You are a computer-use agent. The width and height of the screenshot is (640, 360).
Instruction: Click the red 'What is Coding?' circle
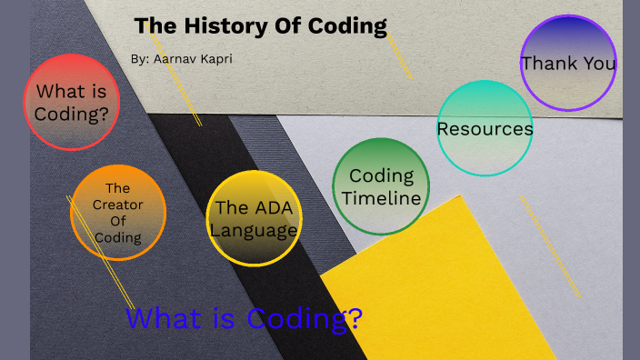[71, 102]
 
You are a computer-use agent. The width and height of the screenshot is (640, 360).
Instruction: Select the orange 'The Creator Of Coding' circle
[118, 213]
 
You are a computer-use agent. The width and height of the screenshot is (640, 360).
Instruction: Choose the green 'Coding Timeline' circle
[381, 186]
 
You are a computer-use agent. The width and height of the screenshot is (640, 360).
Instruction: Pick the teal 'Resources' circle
[485, 128]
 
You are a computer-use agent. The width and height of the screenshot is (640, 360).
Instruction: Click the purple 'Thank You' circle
[568, 63]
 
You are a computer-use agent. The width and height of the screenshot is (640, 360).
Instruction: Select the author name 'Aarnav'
[175, 58]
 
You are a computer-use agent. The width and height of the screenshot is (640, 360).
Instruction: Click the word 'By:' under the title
[140, 58]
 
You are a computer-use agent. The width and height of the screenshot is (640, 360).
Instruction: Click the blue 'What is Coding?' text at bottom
[245, 319]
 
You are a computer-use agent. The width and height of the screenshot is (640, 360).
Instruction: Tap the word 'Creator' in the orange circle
[117, 205]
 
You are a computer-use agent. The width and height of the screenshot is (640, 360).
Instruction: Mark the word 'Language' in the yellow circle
[254, 230]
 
